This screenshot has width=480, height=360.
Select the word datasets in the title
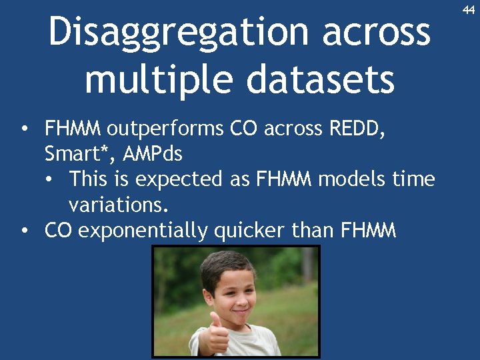pos(321,79)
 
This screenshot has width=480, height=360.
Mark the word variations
pos(118,205)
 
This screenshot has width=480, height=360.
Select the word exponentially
pos(143,231)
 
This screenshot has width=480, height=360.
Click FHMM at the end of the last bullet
pos(368,231)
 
